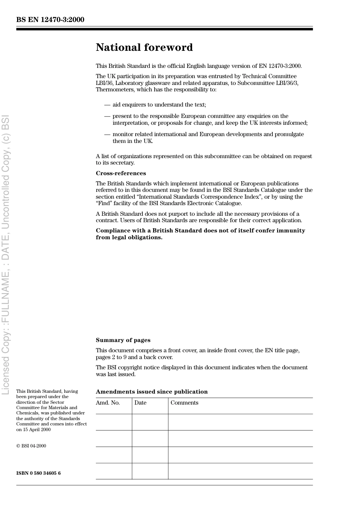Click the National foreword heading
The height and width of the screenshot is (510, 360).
tap(144, 47)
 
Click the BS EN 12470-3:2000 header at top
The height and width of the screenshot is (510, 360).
tap(50, 20)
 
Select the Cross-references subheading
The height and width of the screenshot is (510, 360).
tap(121, 173)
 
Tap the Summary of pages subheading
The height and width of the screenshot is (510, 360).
tap(123, 340)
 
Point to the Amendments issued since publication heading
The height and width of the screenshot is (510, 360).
tap(152, 392)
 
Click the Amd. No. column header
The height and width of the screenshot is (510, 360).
tap(108, 403)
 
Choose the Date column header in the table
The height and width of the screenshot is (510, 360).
tap(140, 403)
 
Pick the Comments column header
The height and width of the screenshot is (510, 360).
tap(184, 403)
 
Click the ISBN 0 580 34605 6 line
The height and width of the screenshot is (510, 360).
tap(38, 473)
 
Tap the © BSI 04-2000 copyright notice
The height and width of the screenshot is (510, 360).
tap(31, 446)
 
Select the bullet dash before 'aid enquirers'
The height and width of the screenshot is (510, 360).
tap(107, 105)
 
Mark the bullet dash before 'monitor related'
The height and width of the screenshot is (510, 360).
tap(107, 134)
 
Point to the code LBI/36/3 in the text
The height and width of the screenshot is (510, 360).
tap(286, 83)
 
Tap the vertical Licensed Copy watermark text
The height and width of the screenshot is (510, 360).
tap(6, 254)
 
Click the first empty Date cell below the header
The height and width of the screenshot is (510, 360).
tap(150, 422)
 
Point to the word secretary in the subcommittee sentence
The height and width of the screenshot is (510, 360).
tap(120, 163)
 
